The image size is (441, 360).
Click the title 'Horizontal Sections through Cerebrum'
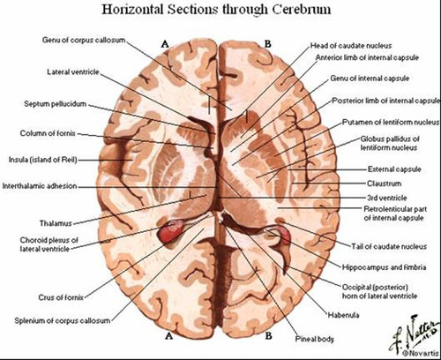click(x=216, y=10)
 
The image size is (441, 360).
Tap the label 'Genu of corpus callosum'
click(x=84, y=40)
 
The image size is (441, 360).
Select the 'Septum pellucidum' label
click(x=56, y=104)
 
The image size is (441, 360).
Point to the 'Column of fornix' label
click(x=48, y=133)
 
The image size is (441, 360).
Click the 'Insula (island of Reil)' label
click(x=42, y=160)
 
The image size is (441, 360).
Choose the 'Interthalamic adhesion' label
click(x=40, y=186)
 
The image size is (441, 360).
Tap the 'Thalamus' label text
click(x=56, y=223)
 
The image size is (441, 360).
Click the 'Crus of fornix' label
click(x=61, y=297)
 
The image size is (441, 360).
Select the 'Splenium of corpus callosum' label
click(x=63, y=321)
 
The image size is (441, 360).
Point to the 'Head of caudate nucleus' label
click(x=351, y=46)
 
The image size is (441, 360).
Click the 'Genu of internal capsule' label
click(x=370, y=79)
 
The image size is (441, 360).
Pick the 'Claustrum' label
click(x=384, y=184)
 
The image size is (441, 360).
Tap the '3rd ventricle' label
click(x=387, y=198)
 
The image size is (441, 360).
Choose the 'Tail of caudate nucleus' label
click(x=389, y=246)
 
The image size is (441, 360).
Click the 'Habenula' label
click(x=343, y=315)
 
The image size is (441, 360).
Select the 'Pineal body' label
click(x=314, y=339)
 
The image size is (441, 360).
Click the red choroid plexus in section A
click(x=170, y=231)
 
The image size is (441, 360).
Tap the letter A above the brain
click(x=165, y=44)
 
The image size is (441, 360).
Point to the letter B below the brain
click(x=268, y=335)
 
